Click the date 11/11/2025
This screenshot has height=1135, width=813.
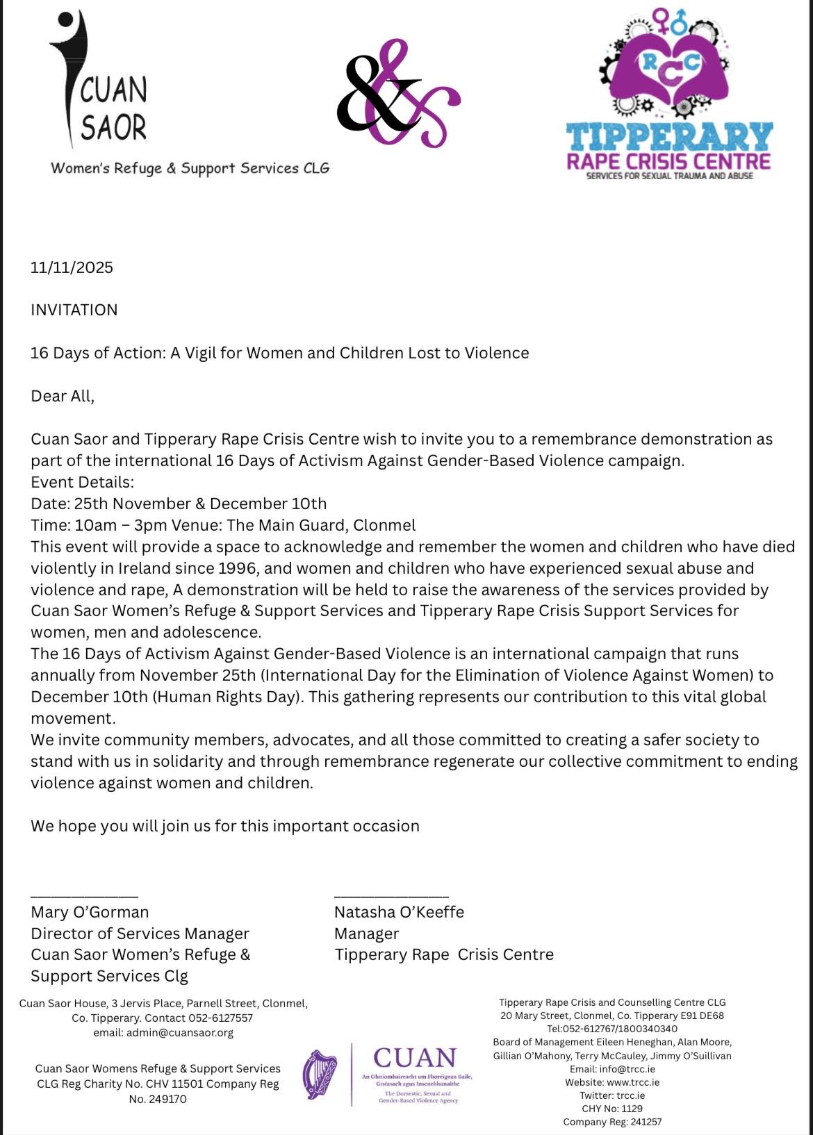[72, 267]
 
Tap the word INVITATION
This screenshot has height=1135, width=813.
[74, 310]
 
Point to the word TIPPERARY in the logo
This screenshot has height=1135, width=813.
[668, 137]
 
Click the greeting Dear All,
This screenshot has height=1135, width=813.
[62, 396]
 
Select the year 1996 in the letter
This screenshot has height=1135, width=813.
[237, 568]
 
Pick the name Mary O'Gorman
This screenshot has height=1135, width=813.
[90, 912]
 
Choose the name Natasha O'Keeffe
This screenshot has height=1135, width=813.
[399, 912]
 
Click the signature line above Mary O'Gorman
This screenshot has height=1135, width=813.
[84, 897]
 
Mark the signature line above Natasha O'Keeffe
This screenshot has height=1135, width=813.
[391, 897]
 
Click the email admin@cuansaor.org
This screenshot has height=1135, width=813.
[179, 1033]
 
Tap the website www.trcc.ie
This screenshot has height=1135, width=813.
[633, 1082]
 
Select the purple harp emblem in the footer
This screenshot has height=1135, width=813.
[320, 1075]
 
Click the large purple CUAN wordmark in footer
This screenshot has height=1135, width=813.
[415, 1058]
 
